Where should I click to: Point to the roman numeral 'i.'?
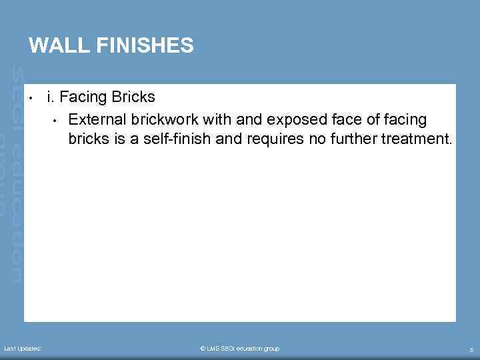(51, 97)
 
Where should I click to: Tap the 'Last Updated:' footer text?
(23, 349)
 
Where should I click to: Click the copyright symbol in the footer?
(203, 349)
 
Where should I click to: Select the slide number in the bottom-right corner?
(471, 349)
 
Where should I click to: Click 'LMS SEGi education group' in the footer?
(243, 349)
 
